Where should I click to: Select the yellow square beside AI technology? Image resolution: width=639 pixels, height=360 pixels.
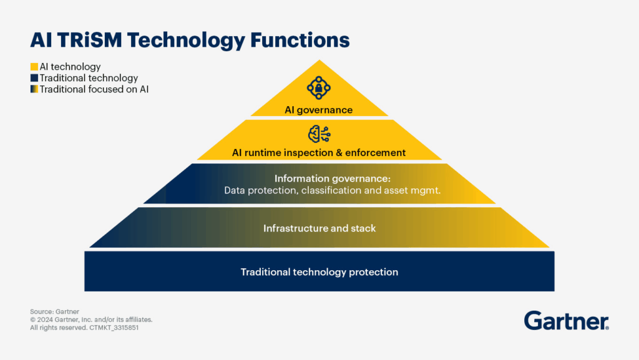[x=34, y=67]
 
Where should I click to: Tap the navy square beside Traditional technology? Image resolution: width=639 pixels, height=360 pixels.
[x=34, y=78]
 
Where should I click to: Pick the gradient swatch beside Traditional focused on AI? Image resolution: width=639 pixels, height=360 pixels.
[x=34, y=89]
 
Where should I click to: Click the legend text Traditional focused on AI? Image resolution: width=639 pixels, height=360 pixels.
[x=94, y=89]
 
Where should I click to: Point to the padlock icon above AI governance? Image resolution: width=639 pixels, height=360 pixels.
[x=319, y=88]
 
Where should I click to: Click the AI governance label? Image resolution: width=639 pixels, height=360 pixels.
[x=319, y=110]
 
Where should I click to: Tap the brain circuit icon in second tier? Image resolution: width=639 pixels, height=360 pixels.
[x=319, y=134]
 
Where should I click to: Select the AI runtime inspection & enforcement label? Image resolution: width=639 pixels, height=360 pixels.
[x=319, y=152]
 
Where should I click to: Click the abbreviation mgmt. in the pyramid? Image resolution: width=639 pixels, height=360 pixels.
[x=427, y=190]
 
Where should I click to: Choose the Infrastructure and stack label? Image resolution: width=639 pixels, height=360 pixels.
[x=319, y=228]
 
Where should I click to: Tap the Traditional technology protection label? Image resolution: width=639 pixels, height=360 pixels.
[x=319, y=272]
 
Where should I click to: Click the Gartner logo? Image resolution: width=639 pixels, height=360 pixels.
[x=566, y=320]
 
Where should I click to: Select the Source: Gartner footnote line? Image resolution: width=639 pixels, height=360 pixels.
[x=54, y=311]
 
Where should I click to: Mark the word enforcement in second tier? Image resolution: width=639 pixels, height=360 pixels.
[x=379, y=152]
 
